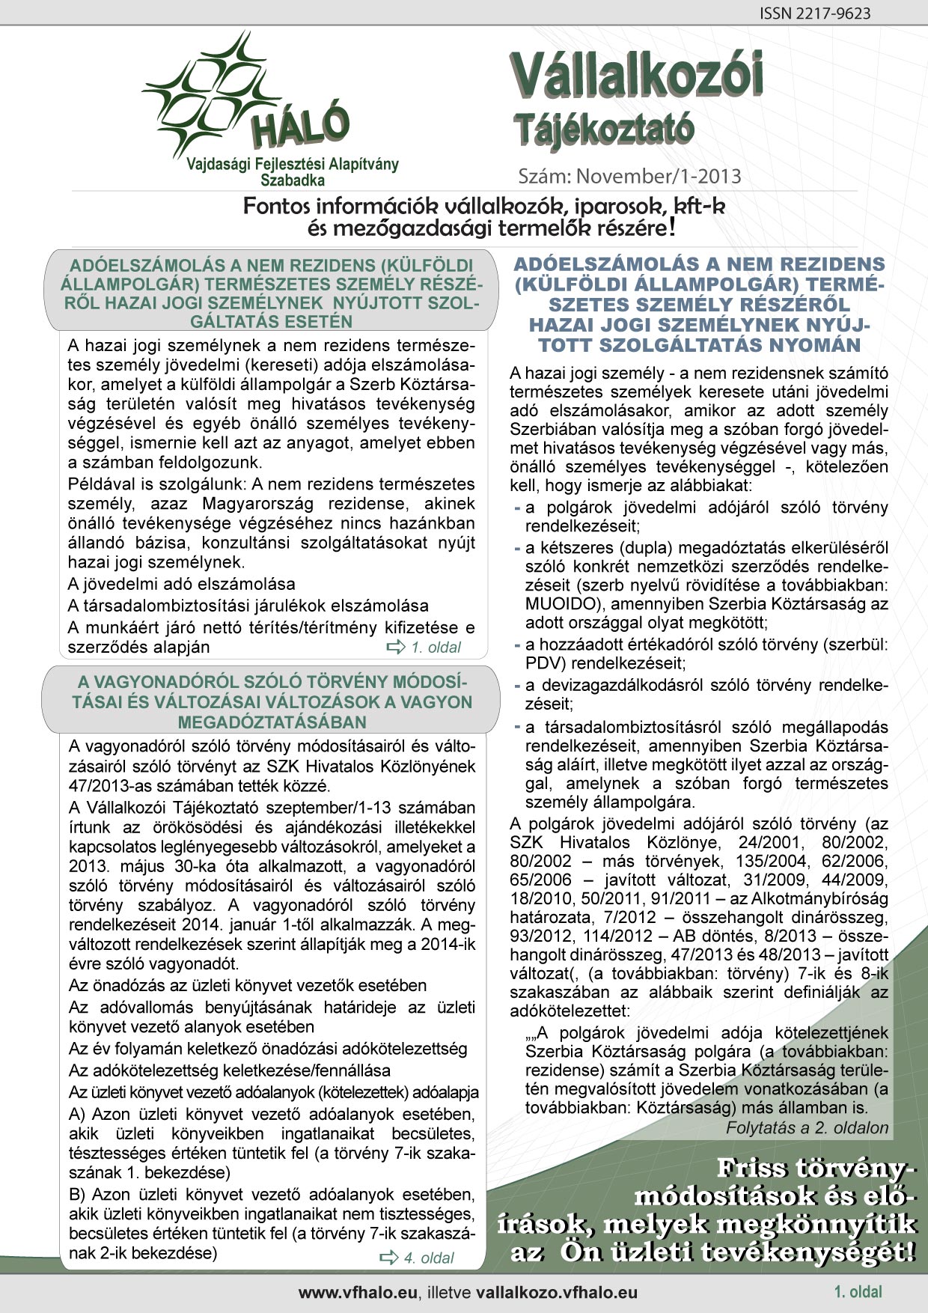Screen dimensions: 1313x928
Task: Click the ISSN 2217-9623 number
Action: pos(814,13)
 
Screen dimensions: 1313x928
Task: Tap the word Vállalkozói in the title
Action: pos(638,78)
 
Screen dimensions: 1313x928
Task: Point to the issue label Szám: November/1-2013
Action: pos(629,176)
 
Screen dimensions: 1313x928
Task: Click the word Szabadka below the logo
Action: pos(293,180)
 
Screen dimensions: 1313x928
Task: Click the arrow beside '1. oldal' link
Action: pos(395,648)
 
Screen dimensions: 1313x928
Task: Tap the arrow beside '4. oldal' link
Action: pos(389,1258)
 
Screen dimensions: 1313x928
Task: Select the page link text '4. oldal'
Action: pos(429,1258)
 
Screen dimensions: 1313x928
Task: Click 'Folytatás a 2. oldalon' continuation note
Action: pos(807,1127)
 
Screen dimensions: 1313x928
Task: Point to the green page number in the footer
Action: pos(858,1291)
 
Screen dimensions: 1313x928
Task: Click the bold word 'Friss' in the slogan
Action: pos(753,1169)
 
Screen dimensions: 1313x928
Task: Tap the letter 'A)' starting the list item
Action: pos(78,1115)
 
